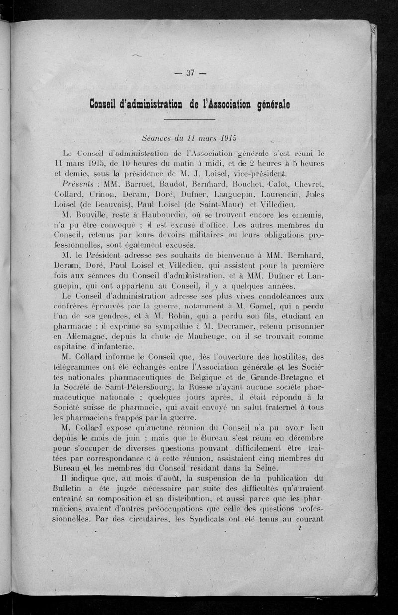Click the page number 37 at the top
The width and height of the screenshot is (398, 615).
point(189,73)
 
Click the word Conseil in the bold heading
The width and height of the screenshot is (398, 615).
point(106,105)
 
